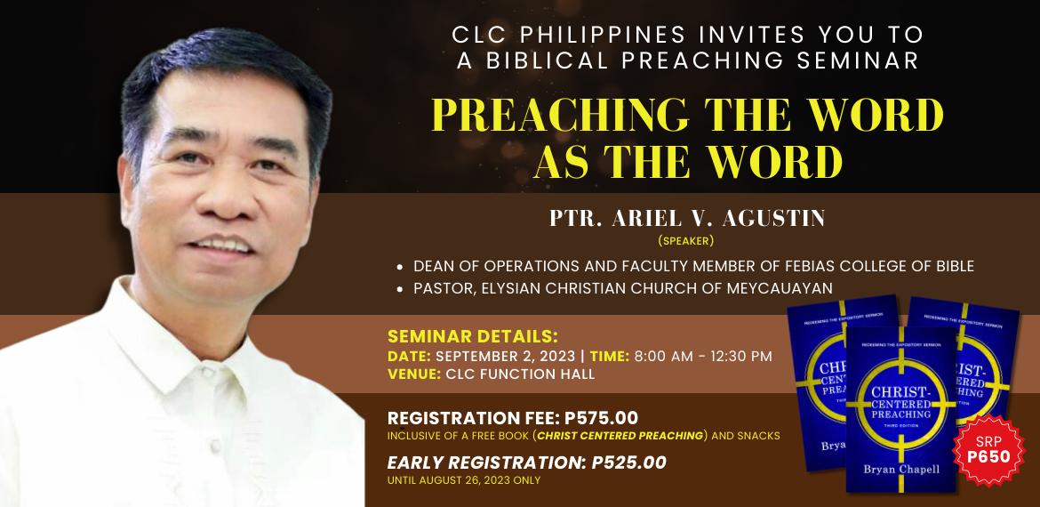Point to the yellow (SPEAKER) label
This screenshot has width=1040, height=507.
(x=686, y=240)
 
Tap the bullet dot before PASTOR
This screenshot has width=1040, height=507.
(x=400, y=289)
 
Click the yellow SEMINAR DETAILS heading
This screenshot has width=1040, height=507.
(x=472, y=337)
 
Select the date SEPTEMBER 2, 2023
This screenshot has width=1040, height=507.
(x=505, y=356)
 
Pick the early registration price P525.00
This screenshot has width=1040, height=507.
(x=628, y=463)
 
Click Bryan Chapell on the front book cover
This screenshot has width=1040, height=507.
(x=900, y=469)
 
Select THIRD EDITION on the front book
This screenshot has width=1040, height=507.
(x=900, y=425)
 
